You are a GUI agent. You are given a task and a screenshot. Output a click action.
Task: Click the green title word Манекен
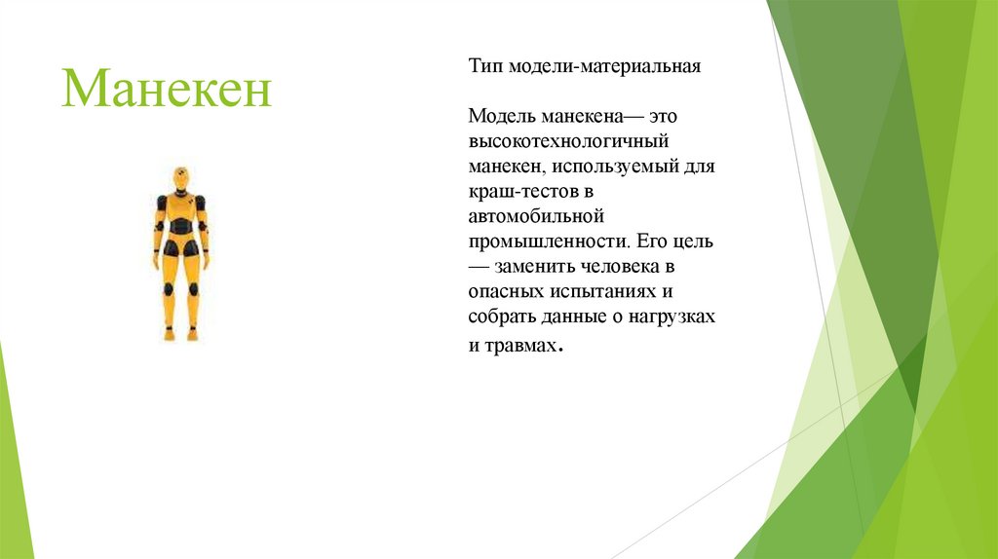click(x=167, y=89)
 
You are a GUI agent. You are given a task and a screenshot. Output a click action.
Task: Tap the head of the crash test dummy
click(x=180, y=178)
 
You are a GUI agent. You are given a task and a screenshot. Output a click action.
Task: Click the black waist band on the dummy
click(x=180, y=228)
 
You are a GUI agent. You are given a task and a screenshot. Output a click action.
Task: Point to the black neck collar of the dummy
click(x=180, y=192)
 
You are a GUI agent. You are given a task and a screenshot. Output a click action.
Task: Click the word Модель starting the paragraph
click(x=499, y=117)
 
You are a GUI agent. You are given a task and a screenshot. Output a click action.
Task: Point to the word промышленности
click(x=549, y=241)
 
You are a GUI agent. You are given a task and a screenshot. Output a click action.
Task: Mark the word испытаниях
click(x=610, y=291)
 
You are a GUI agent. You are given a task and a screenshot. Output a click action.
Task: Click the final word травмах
click(x=524, y=345)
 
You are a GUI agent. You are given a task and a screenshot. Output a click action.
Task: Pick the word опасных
click(x=505, y=291)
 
